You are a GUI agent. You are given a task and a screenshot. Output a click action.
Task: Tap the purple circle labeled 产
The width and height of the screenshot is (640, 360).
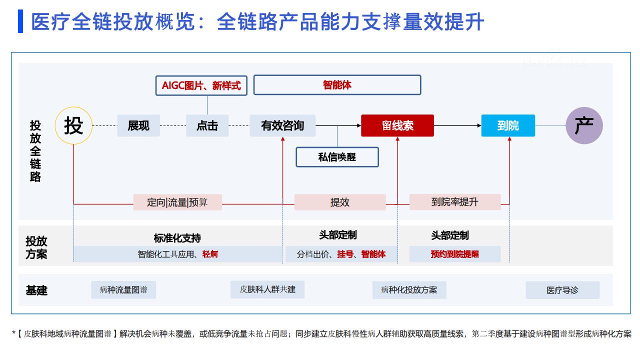pos(584,125)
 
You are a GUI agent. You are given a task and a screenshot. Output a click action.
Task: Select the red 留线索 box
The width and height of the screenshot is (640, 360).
pos(397,125)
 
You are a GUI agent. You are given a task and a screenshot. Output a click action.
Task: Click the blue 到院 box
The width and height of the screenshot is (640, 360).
pos(508,125)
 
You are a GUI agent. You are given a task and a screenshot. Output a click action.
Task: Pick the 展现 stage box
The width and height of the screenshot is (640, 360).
pos(138,125)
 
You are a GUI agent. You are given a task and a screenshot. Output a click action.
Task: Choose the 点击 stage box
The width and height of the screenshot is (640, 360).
pos(207,125)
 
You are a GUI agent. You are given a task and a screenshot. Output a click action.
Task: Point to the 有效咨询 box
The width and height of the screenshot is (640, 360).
pos(282,125)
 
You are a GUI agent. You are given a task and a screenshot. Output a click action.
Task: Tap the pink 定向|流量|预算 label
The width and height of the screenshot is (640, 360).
pos(177,202)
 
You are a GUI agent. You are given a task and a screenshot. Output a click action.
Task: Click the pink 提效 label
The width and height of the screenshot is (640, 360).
pos(340,202)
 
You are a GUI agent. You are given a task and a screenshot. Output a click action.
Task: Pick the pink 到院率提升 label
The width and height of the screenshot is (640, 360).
pos(455,202)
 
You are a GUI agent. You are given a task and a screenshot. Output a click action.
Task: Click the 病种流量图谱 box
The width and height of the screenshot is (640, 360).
pos(123,289)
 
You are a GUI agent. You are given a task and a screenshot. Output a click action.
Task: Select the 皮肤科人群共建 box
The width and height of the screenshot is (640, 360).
pos(267,289)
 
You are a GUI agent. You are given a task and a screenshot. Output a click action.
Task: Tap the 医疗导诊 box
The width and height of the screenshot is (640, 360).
pos(562,290)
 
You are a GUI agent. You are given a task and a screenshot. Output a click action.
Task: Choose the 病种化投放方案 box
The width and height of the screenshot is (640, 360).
pos(409,290)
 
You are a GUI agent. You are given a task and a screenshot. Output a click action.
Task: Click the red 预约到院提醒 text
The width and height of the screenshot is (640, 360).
pos(455,254)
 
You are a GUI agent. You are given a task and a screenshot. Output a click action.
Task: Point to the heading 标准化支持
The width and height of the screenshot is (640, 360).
pos(177,238)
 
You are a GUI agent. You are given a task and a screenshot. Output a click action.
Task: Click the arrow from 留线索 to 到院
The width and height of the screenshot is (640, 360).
pos(457,125)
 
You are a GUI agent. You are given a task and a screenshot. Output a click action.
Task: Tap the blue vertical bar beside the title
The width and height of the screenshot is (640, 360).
pos(20,21)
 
